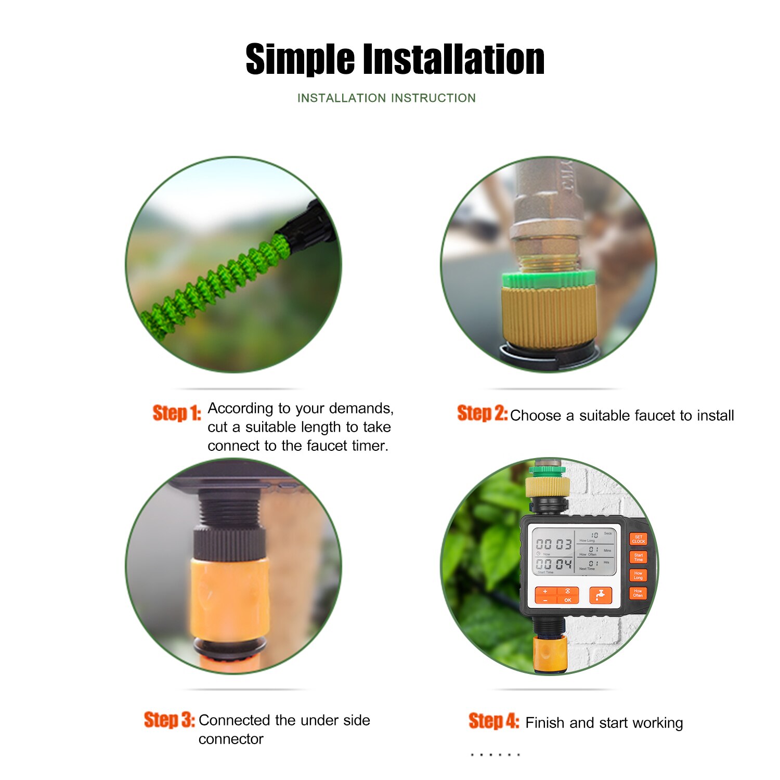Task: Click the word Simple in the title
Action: tap(300, 60)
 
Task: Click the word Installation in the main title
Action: tap(453, 60)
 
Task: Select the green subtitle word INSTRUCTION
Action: tap(433, 98)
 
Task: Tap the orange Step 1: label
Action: tap(176, 413)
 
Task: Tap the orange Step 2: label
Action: tap(482, 413)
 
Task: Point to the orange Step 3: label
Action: tap(169, 720)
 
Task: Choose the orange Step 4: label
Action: tap(493, 721)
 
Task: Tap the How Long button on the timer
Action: tap(638, 576)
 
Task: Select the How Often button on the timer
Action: tap(638, 593)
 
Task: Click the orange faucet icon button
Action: tap(601, 595)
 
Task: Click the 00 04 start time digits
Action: tap(554, 564)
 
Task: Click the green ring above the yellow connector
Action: tap(549, 279)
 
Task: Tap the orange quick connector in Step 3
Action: tap(229, 598)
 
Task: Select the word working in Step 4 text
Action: tap(657, 723)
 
